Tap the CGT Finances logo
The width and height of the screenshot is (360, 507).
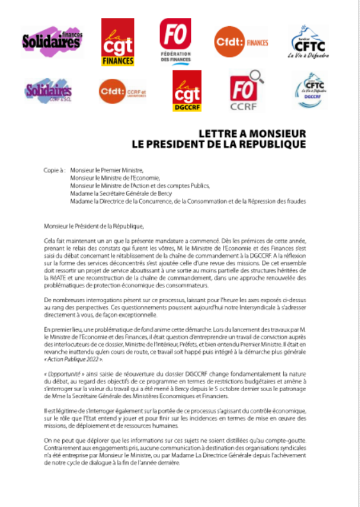point(118,42)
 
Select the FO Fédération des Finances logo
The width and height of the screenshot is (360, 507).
point(176,40)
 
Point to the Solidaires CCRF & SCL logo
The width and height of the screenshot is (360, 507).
point(48,92)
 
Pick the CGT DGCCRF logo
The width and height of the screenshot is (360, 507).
point(187,91)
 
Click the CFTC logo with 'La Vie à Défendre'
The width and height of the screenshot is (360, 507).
point(310,42)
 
